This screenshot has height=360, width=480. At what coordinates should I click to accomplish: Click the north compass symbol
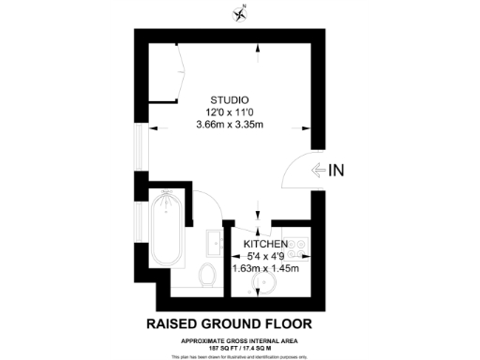[x=240, y=12]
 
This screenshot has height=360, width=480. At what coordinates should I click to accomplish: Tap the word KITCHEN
[x=265, y=243]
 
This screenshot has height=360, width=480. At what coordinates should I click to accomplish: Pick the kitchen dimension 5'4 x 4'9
[x=266, y=256]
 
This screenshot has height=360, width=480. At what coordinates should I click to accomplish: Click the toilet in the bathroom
[x=207, y=274]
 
